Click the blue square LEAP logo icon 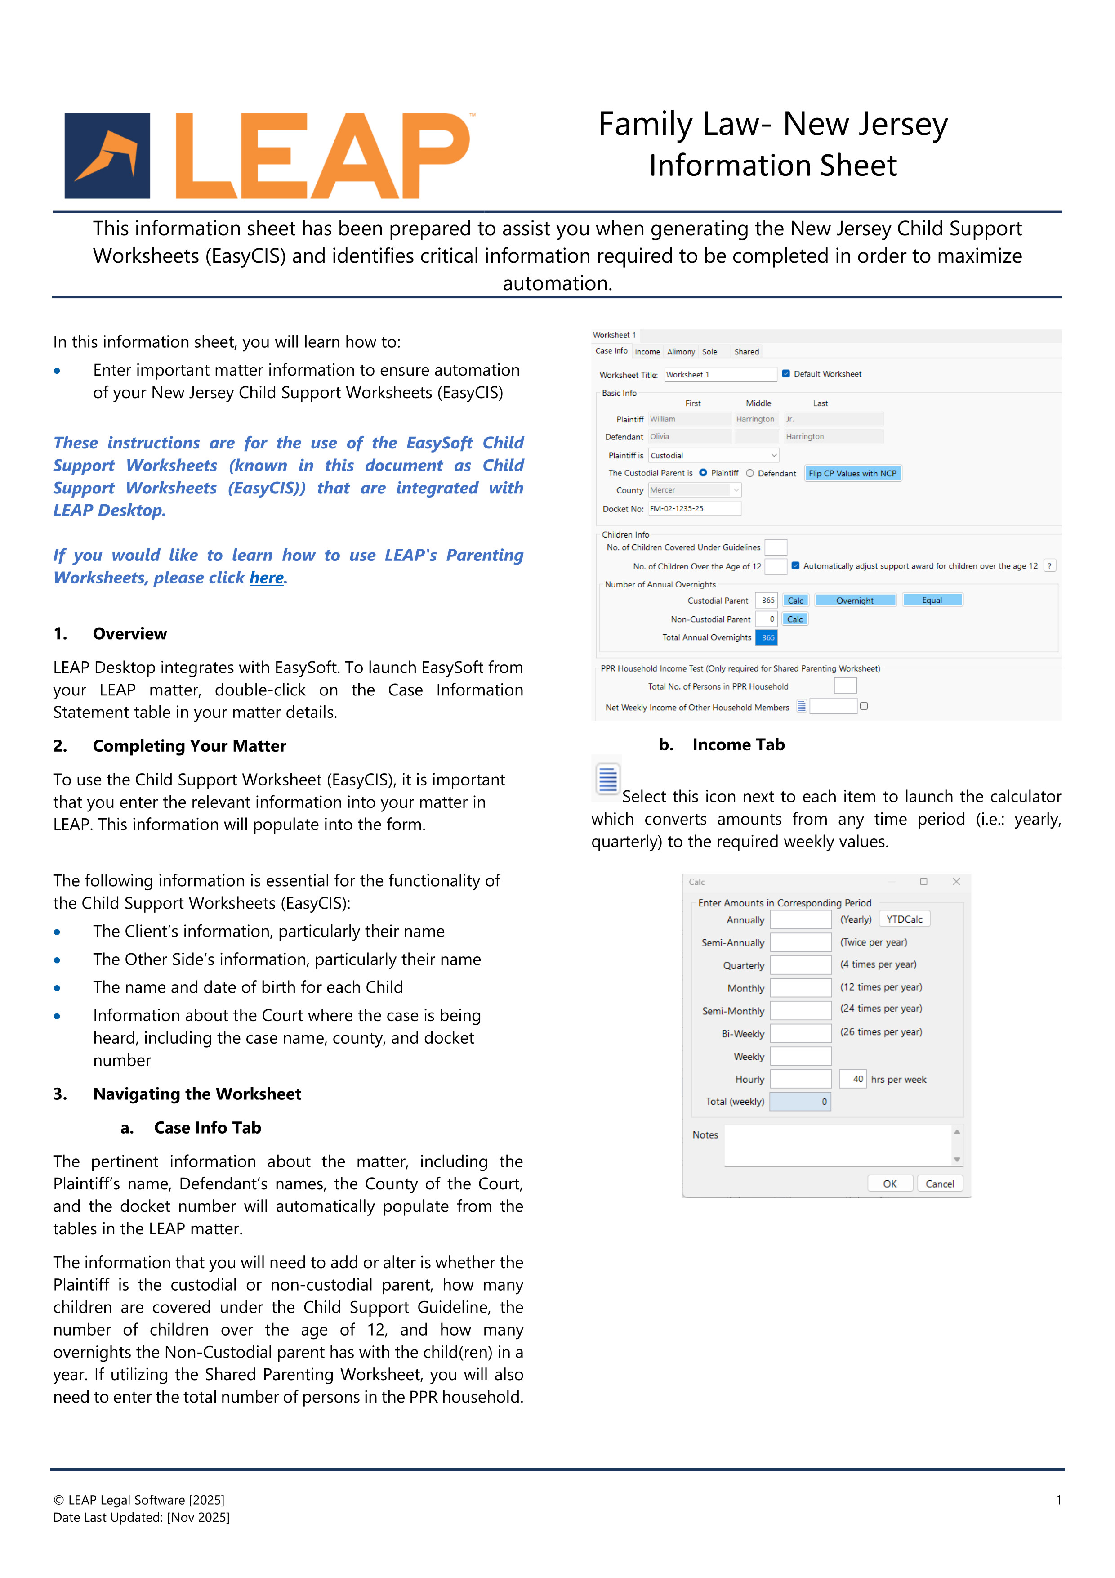coord(107,156)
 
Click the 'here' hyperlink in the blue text coord(267,578)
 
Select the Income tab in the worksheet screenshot coord(647,352)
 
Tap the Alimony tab coord(681,352)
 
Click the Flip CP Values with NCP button coord(852,474)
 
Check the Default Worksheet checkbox coord(786,374)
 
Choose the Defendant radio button coord(750,474)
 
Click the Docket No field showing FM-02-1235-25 coord(694,509)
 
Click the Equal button coord(932,601)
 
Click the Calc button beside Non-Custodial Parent coord(795,619)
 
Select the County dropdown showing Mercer coord(694,490)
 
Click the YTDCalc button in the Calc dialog coord(904,919)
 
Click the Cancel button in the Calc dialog coord(939,1183)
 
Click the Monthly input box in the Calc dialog coord(800,988)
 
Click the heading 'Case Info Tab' coord(207,1128)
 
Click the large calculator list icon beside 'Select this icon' coord(607,779)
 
